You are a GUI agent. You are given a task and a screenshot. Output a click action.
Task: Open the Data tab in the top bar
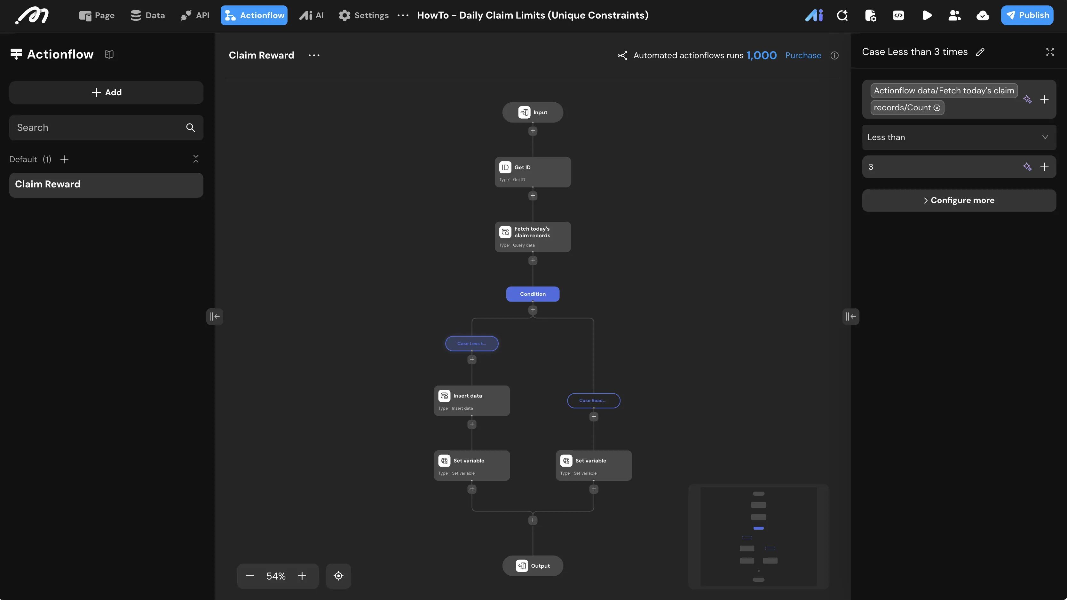coord(147,15)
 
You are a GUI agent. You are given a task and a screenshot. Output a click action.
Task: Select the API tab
coord(195,15)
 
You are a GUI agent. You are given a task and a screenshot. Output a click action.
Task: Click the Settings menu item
coord(364,15)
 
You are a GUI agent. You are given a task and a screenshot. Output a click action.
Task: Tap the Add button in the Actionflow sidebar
coord(107,92)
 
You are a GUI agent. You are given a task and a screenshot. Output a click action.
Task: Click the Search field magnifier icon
coord(191,128)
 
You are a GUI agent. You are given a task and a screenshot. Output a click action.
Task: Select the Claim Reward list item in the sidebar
coord(107,185)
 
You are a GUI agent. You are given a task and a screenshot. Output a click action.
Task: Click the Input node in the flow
coord(533,112)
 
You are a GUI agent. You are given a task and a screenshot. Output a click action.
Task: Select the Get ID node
coord(533,172)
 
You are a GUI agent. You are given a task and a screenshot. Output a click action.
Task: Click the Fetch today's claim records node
coord(533,236)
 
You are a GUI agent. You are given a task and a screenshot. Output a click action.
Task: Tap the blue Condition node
coord(533,294)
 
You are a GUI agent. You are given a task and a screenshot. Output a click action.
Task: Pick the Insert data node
coord(472,400)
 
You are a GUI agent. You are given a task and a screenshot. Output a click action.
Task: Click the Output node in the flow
coord(533,566)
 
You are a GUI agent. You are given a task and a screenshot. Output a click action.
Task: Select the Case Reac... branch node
coord(594,400)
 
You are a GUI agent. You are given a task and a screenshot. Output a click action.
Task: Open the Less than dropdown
coord(959,137)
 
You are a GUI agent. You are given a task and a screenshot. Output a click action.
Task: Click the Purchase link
coord(803,55)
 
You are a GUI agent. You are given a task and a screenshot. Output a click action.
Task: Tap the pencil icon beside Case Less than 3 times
coord(980,52)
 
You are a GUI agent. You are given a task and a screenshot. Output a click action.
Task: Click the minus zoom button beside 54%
coord(250,576)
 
